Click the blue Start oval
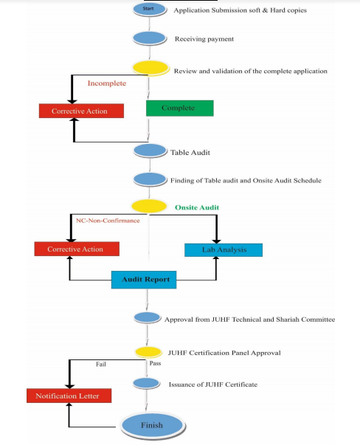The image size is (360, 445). pyautogui.click(x=149, y=10)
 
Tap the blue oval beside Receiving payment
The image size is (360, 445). pyautogui.click(x=149, y=38)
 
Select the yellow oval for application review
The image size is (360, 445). pyautogui.click(x=150, y=68)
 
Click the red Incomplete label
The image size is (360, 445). pyautogui.click(x=107, y=83)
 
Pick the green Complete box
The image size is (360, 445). pyautogui.click(x=179, y=108)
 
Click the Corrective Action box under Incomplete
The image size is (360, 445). pyautogui.click(x=81, y=111)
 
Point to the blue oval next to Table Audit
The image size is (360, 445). pyautogui.click(x=150, y=151)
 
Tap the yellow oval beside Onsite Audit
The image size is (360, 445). pyautogui.click(x=149, y=206)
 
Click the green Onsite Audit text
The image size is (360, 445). pyautogui.click(x=197, y=207)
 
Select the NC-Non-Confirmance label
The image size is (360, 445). pyautogui.click(x=108, y=221)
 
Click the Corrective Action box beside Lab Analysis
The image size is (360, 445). pyautogui.click(x=77, y=249)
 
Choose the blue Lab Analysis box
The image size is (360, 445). pyautogui.click(x=224, y=250)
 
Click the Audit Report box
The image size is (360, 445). pyautogui.click(x=144, y=280)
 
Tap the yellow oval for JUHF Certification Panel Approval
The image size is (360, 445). pyautogui.click(x=148, y=352)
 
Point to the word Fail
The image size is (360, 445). pyautogui.click(x=101, y=364)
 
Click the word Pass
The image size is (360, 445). pyautogui.click(x=155, y=363)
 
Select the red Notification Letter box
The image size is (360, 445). pyautogui.click(x=69, y=396)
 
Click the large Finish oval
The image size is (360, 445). pyautogui.click(x=153, y=426)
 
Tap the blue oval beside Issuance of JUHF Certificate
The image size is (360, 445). pyautogui.click(x=146, y=384)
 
